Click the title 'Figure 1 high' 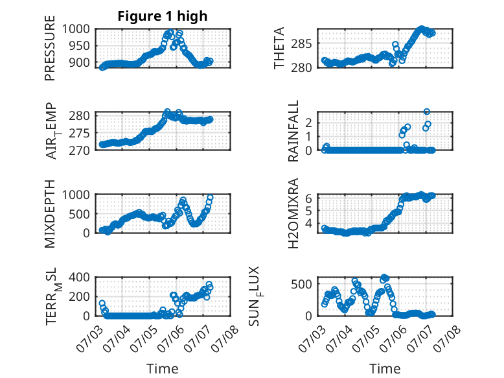163,16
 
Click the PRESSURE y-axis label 50,48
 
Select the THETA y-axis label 279,48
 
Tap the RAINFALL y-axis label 293,131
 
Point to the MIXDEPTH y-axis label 50,213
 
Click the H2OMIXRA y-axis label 293,213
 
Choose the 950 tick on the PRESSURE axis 80,45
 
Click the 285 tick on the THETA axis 301,43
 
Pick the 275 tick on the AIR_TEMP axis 80,133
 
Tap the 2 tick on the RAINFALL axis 308,123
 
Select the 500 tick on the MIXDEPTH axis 80,213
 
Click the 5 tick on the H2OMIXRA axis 308,211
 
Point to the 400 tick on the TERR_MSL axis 80,277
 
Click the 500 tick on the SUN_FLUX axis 301,284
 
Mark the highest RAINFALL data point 426,112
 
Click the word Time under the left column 163,368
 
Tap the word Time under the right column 385,368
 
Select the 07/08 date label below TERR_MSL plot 225,338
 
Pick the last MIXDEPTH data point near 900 210,198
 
